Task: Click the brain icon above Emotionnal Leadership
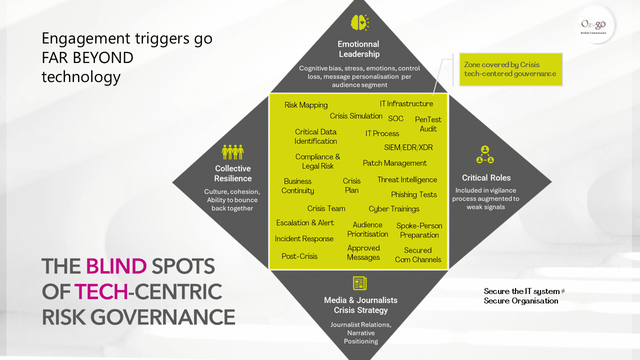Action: point(359,22)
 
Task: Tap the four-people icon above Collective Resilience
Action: point(232,152)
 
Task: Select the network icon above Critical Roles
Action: point(485,155)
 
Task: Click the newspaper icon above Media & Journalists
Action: point(359,283)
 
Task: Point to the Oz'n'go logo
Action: point(593,24)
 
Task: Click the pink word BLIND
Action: point(116,266)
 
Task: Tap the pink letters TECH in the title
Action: point(100,291)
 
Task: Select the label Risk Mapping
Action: point(306,105)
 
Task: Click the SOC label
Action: point(395,118)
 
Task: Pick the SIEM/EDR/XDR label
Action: point(408,147)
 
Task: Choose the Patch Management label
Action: point(394,163)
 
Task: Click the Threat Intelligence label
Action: point(407,180)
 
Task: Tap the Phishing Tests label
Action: point(413,194)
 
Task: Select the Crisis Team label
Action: point(326,208)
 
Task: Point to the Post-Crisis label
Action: point(299,256)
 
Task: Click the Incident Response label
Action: point(304,239)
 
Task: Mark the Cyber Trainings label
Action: point(394,209)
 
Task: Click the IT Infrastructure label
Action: point(406,104)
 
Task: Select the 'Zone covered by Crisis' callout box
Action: point(510,69)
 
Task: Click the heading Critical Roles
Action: point(486,177)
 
